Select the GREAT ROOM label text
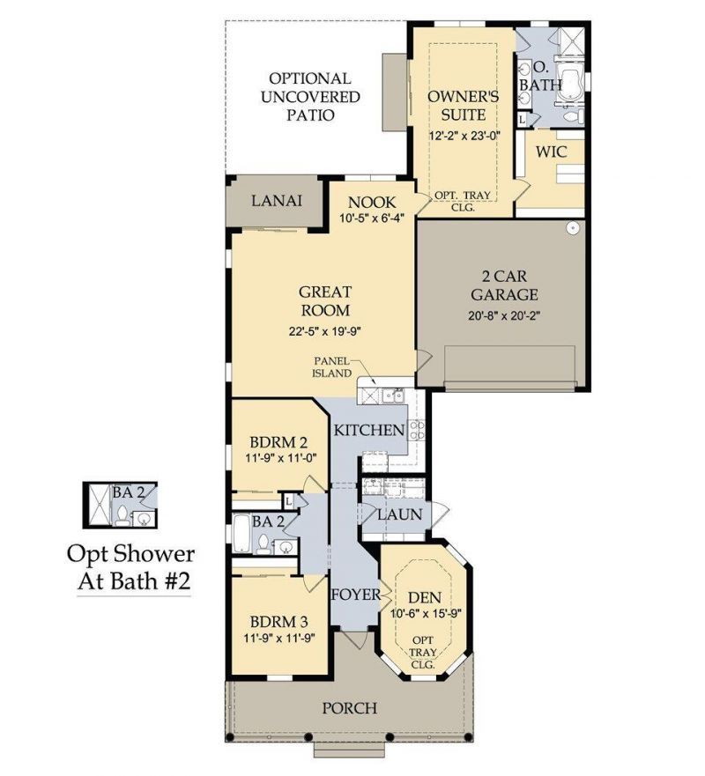coord(324,300)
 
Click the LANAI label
coord(277,201)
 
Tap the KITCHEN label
coord(368,431)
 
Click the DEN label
coord(423,598)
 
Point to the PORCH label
coord(349,707)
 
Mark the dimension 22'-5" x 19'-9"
coord(324,332)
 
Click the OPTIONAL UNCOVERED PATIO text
coord(309,97)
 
